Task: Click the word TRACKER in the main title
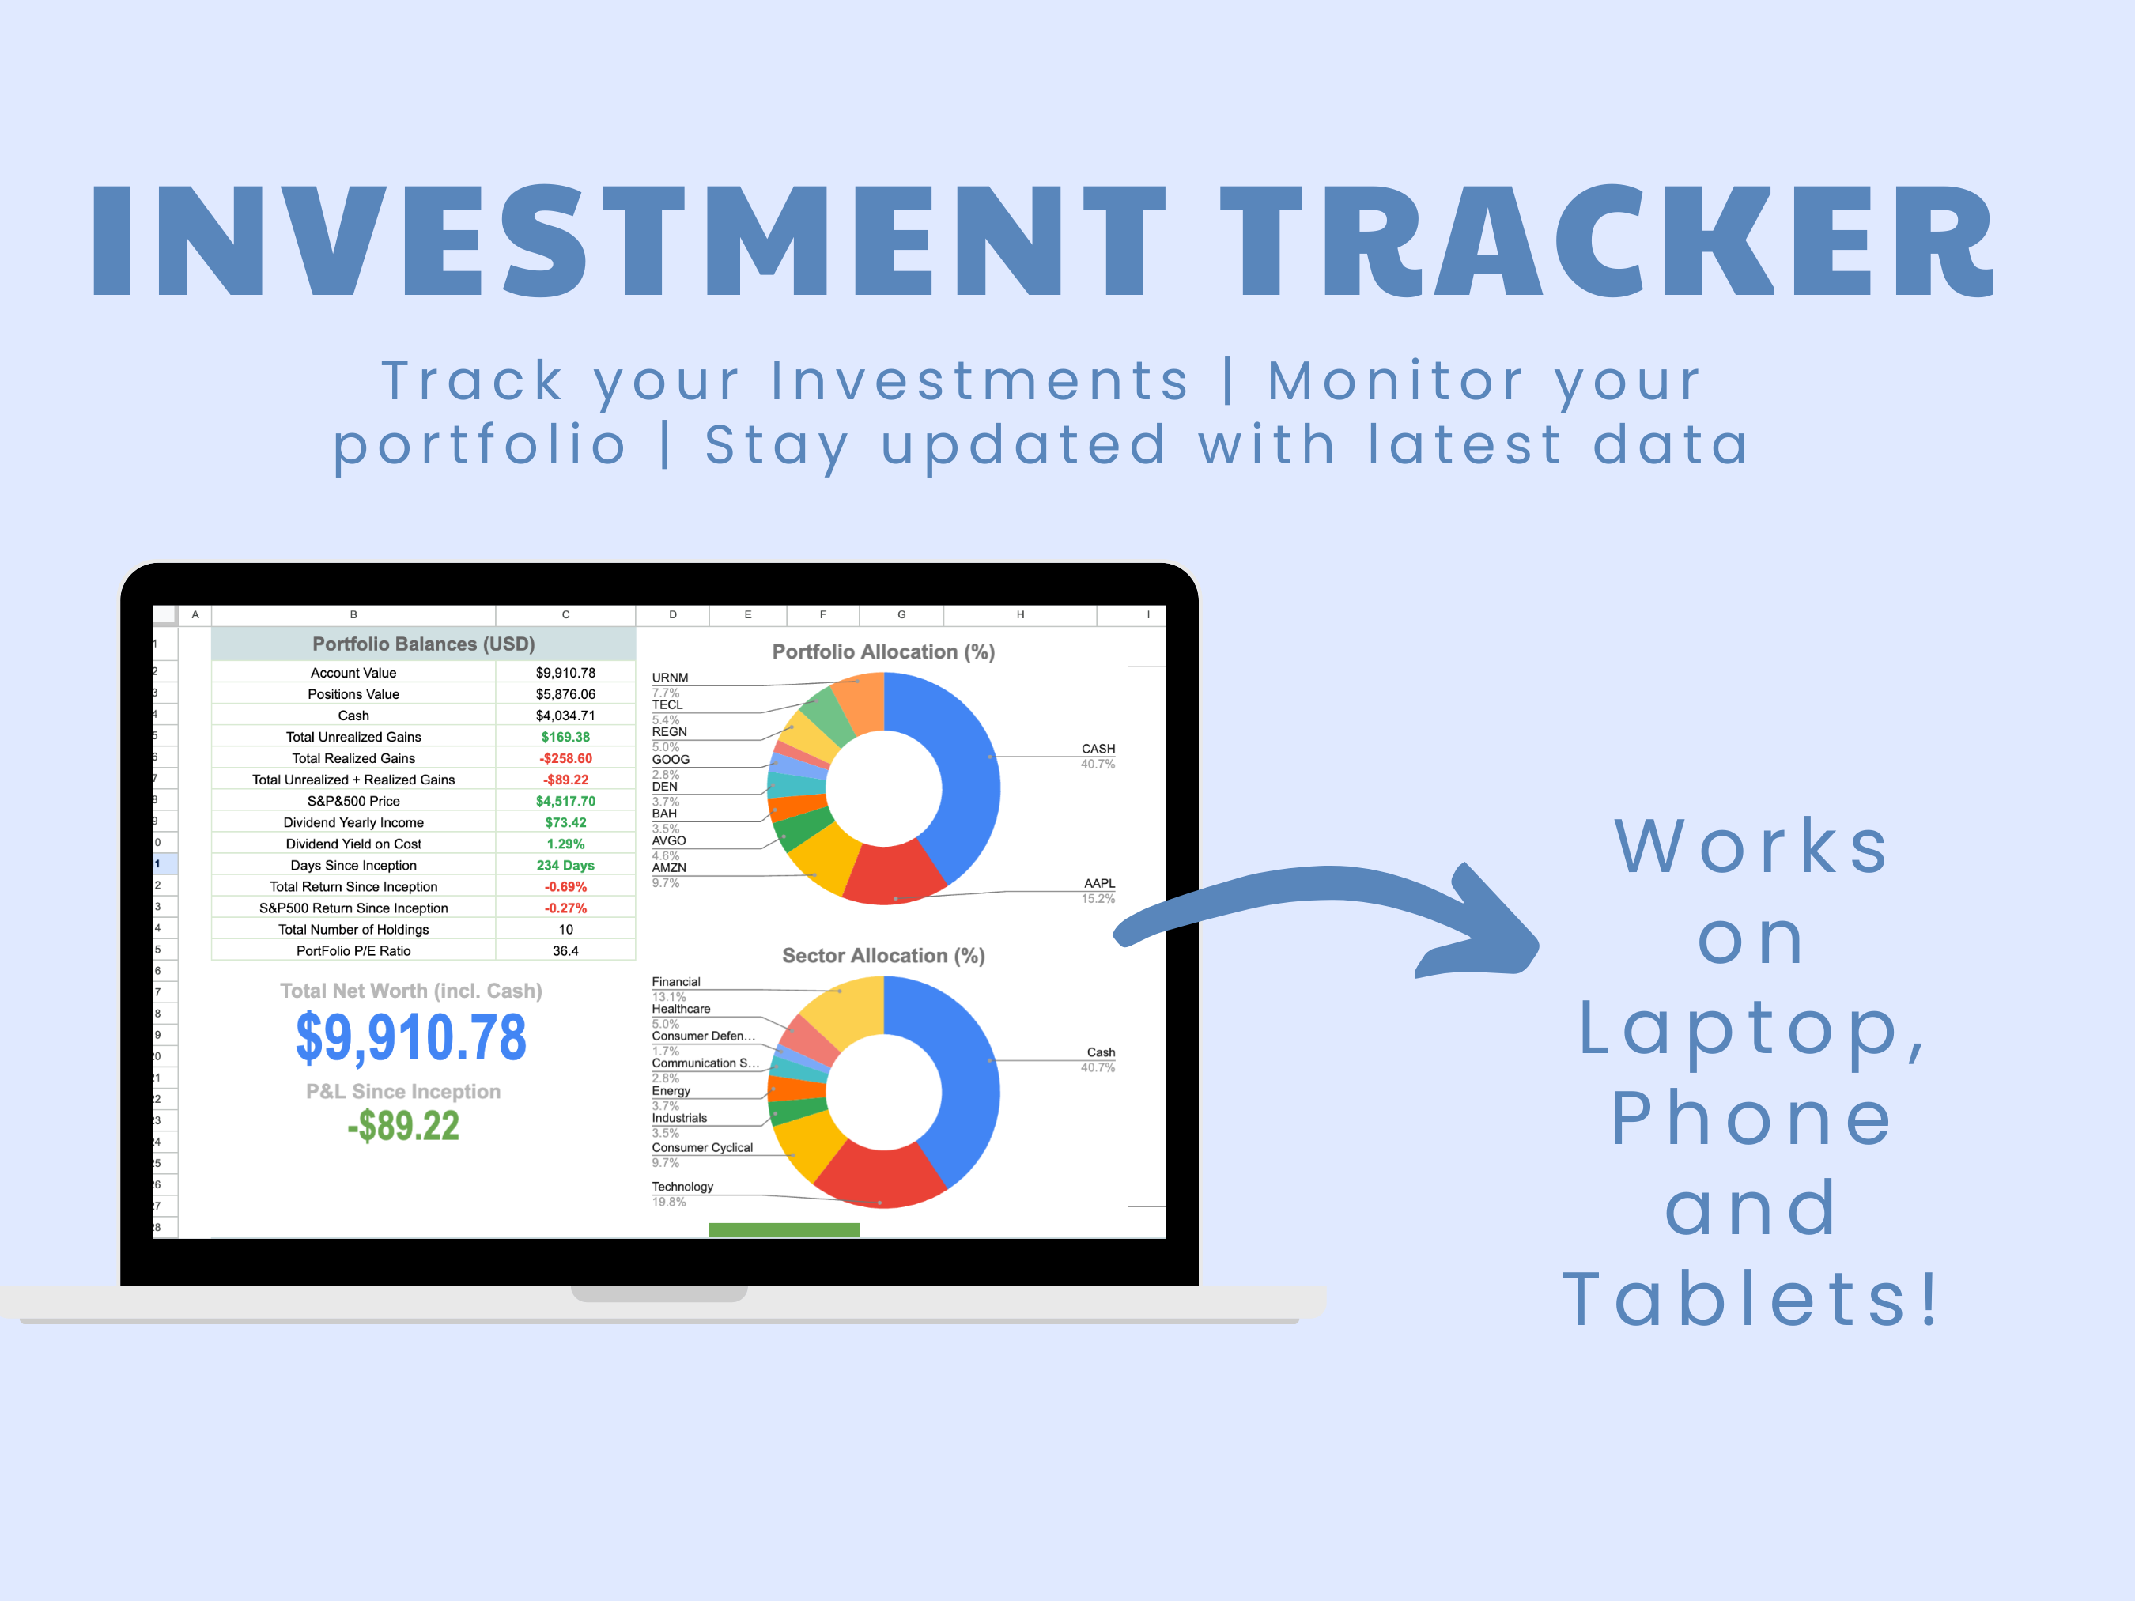[x=1607, y=241]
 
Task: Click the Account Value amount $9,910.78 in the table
[x=565, y=673]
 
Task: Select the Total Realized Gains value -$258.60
[x=565, y=758]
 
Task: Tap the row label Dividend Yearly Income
[x=353, y=822]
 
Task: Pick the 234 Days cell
[x=565, y=866]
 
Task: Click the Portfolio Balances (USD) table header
[x=423, y=644]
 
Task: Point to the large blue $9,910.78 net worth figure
[x=411, y=1038]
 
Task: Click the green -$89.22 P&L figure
[x=403, y=1126]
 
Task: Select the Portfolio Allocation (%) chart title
[x=883, y=651]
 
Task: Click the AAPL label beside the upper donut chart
[x=1098, y=883]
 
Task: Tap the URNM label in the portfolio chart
[x=670, y=678]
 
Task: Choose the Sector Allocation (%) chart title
[x=883, y=955]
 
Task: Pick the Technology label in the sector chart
[x=682, y=1186]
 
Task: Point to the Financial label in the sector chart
[x=675, y=981]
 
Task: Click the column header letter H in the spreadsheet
[x=1020, y=615]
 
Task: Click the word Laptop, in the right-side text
[x=1751, y=1029]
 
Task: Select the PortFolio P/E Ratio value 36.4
[x=565, y=950]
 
